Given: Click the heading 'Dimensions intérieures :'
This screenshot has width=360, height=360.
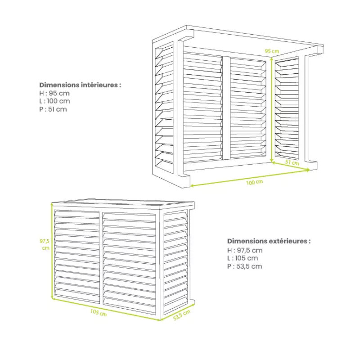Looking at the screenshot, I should click(80, 85).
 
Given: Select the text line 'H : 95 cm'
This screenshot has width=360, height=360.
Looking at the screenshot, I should click(54, 93).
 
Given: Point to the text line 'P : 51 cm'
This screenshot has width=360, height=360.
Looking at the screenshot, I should click(53, 109).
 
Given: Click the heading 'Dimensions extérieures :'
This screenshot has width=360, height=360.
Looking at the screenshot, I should click(269, 241).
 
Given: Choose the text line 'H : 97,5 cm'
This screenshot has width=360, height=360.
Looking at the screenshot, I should click(245, 250).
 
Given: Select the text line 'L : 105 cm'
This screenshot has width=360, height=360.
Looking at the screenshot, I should click(243, 258).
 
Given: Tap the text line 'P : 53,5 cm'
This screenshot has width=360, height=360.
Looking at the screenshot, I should click(245, 266).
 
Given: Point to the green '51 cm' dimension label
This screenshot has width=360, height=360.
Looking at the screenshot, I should click(293, 162).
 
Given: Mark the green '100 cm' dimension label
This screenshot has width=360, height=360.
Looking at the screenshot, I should click(255, 182).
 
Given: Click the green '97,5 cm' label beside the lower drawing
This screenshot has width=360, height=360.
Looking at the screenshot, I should click(45, 244).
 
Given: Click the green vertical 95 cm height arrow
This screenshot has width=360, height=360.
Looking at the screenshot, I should click(272, 108).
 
